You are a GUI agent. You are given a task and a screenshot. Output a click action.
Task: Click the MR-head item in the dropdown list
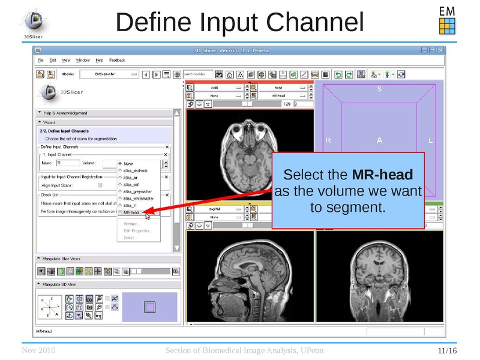pos(131,212)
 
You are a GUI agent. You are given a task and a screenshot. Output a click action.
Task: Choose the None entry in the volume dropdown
pos(128,163)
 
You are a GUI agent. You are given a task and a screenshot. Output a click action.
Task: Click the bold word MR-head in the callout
pos(382,175)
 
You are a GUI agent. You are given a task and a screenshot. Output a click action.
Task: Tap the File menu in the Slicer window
pos(41,60)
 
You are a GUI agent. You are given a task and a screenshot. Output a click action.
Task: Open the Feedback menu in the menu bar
pos(117,60)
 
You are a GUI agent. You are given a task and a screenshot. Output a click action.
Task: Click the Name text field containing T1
pos(67,163)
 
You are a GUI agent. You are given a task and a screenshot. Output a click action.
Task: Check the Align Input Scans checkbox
pos(117,185)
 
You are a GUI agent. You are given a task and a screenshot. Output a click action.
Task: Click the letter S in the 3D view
pos(379,89)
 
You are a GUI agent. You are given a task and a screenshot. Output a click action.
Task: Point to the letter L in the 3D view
pos(431,140)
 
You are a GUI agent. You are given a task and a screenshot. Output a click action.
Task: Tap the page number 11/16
pos(447,350)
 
